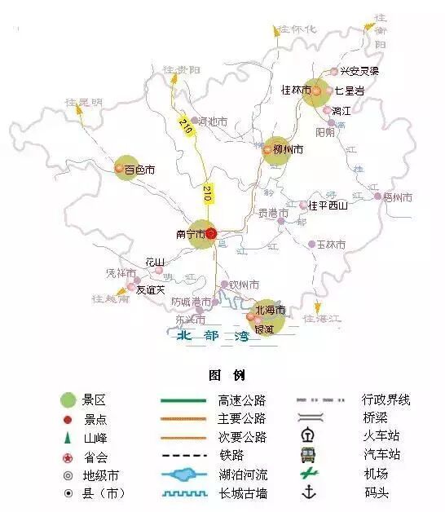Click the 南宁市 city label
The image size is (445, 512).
(189, 234)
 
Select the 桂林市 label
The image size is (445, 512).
(295, 90)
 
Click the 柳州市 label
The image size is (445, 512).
(289, 150)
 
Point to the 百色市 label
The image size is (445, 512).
(139, 170)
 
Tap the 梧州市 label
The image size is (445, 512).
(398, 197)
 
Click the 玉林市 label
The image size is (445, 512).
(331, 245)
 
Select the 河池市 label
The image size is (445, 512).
(213, 122)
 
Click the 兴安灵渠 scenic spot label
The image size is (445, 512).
(359, 72)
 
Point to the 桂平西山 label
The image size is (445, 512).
(328, 205)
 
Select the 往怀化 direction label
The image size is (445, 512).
(297, 29)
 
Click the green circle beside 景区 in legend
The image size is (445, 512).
(68, 399)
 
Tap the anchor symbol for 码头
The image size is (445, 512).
(308, 492)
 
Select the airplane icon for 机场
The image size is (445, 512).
(308, 474)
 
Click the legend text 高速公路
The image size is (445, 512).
(242, 400)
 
